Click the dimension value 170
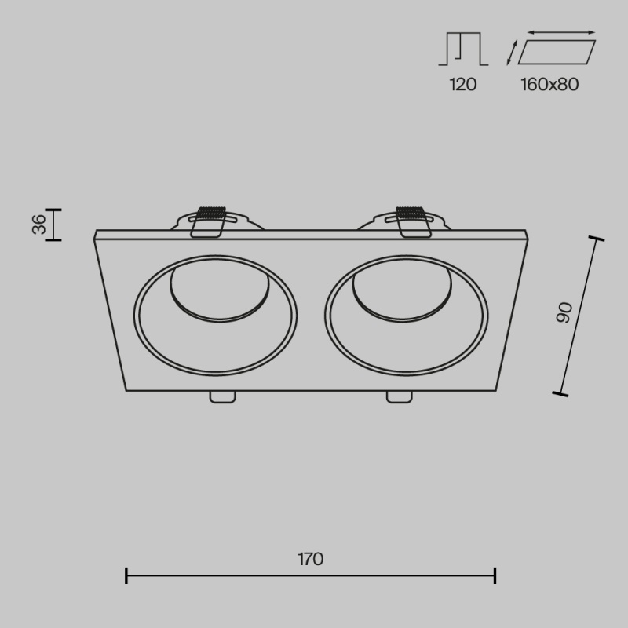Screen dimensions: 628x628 310,559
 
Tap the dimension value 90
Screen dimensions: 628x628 564,312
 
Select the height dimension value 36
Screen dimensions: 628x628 39,225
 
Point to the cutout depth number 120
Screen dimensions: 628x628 462,85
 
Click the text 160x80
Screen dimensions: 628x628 549,85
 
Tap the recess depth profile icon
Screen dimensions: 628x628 463,49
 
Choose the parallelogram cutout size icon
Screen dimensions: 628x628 557,52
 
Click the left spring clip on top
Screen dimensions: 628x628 208,222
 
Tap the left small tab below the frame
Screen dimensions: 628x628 223,397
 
